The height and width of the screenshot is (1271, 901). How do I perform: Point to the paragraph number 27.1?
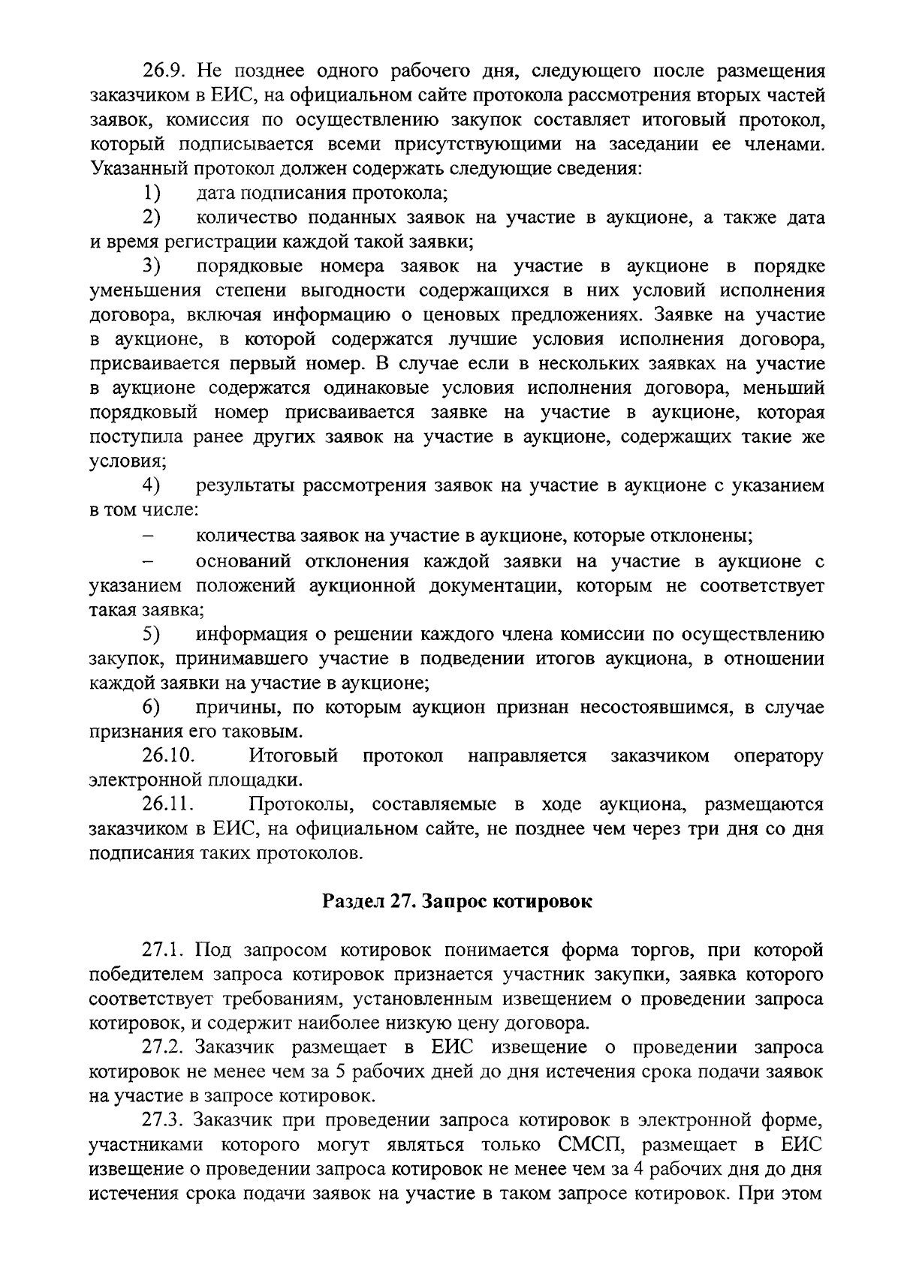[x=163, y=951]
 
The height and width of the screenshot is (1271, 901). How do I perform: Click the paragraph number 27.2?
[x=163, y=1047]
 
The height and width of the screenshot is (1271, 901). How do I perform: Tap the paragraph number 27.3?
[x=163, y=1120]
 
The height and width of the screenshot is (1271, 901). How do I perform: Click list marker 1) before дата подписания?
[x=152, y=193]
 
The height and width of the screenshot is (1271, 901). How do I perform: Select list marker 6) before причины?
[x=152, y=707]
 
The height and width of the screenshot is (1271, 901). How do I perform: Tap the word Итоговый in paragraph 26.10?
[x=294, y=756]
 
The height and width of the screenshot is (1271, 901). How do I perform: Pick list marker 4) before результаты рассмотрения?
[x=152, y=485]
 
